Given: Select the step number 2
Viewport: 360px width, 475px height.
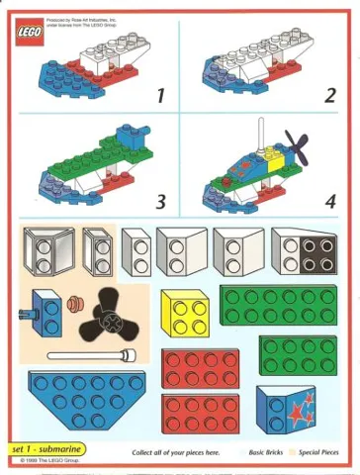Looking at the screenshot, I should [x=329, y=95].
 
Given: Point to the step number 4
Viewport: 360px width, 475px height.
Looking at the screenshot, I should [x=329, y=202].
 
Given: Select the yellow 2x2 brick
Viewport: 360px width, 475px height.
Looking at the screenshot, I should [x=186, y=315].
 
